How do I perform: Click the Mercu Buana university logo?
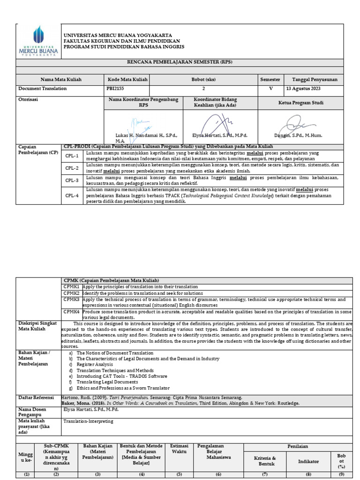38,41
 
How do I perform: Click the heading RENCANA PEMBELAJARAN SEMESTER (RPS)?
180,62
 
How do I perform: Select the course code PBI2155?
117,88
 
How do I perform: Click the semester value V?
270,88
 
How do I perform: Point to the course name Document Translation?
42,88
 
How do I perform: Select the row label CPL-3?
72,180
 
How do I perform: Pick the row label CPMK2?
72,293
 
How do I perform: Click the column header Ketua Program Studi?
300,103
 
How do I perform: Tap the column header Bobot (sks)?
203,80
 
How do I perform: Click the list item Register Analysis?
95,364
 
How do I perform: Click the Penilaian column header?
300,447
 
